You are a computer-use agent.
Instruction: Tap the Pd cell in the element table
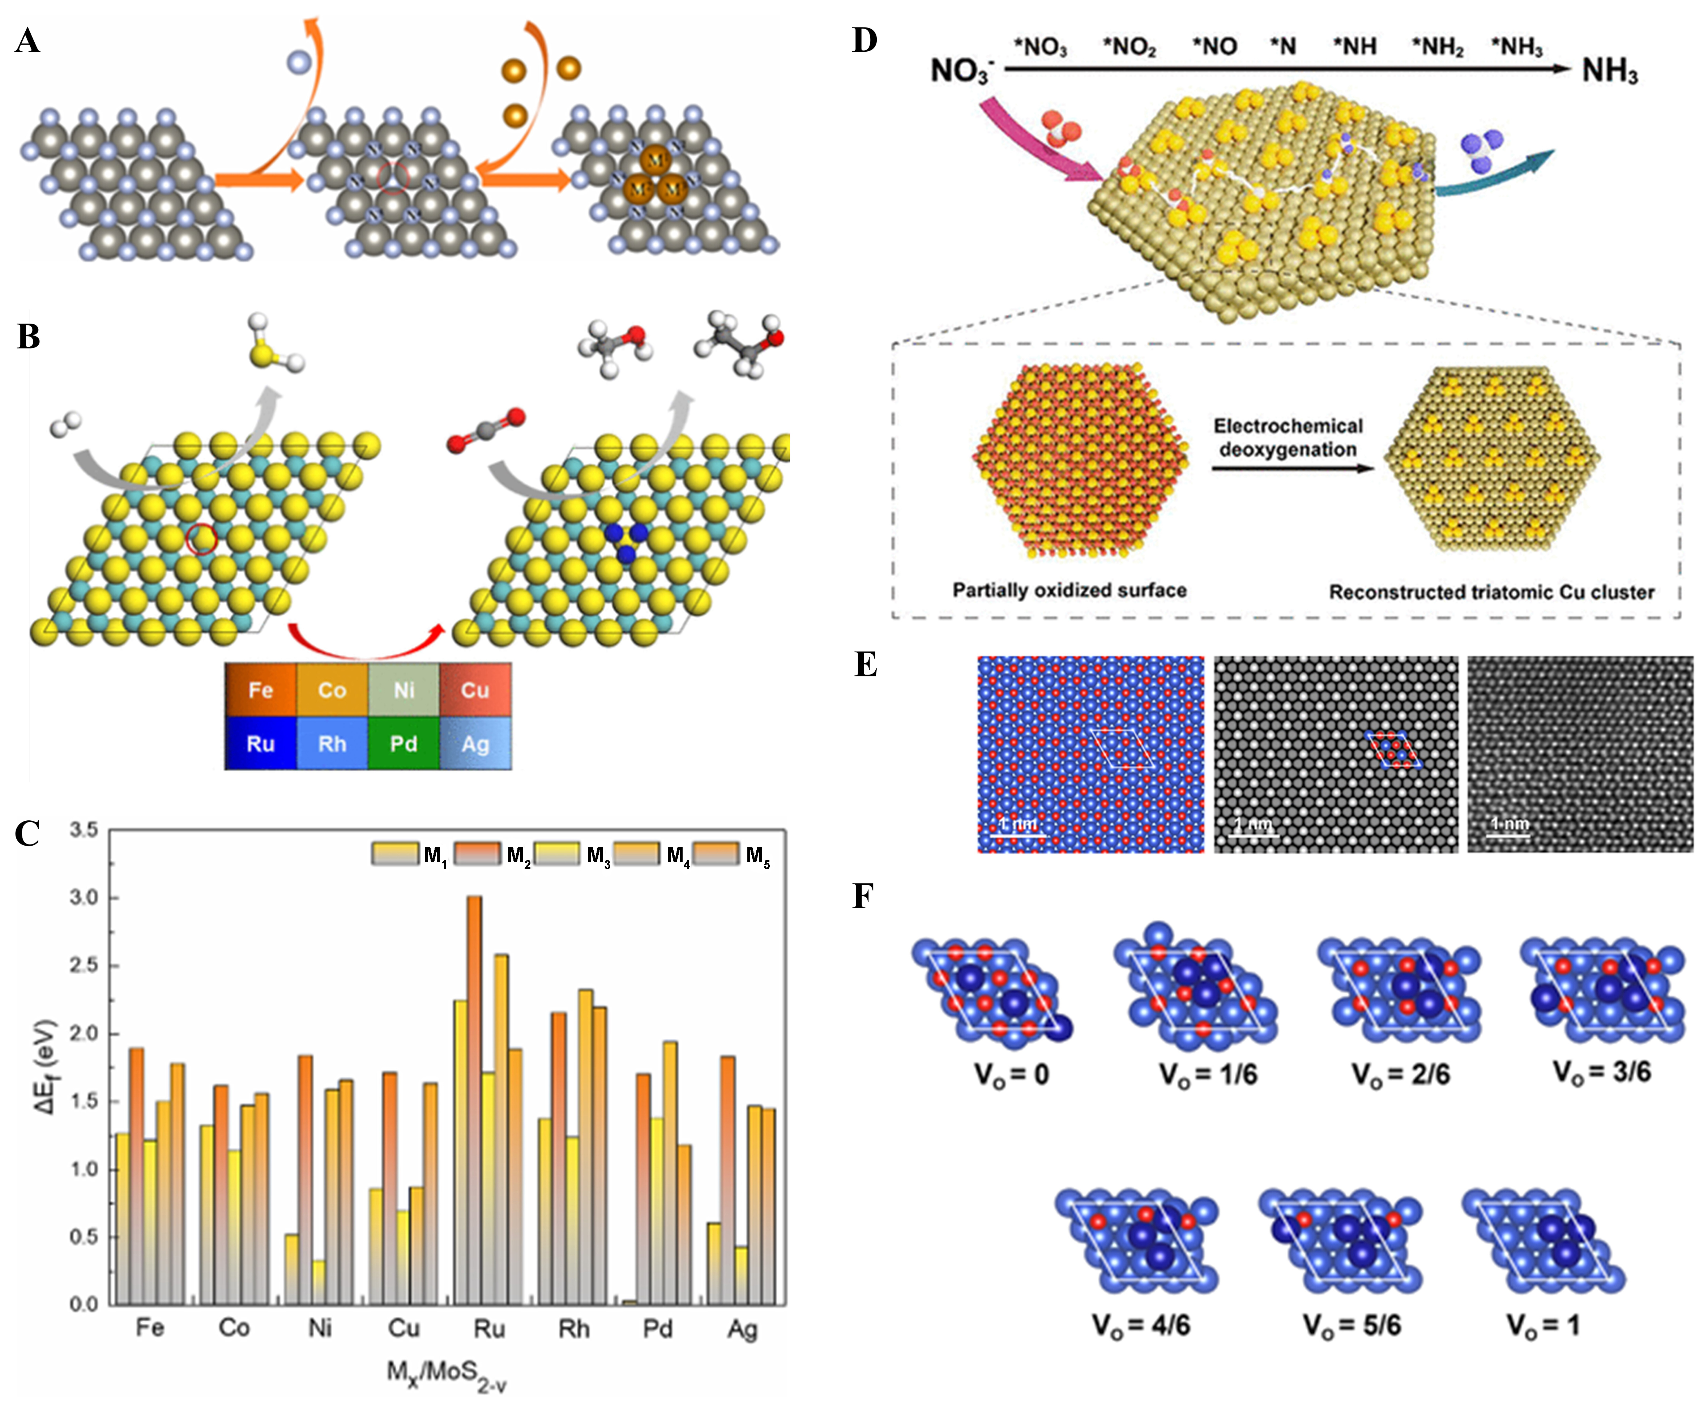coord(403,743)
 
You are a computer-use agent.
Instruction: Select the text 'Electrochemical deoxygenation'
coord(1288,438)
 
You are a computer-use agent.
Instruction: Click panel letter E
coord(866,665)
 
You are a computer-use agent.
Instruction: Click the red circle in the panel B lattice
coord(201,538)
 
